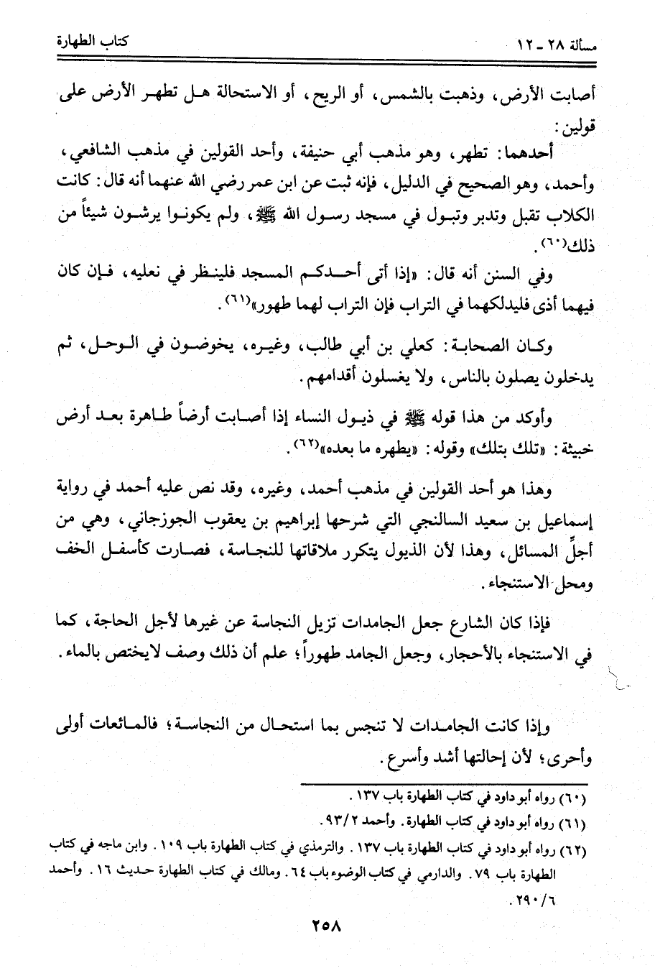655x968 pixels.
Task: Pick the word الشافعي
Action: point(96,154)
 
